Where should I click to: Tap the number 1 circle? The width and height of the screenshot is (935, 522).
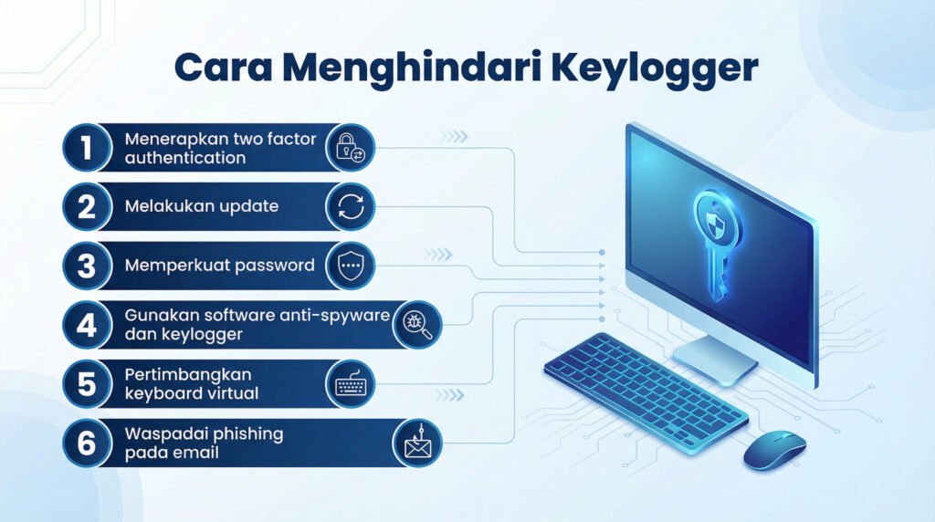[x=86, y=148]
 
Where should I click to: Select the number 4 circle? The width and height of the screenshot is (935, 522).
[x=86, y=325]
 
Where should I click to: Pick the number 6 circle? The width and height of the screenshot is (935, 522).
[x=86, y=444]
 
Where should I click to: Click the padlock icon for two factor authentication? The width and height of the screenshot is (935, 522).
[x=350, y=148]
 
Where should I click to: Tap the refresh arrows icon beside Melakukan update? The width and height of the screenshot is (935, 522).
[x=350, y=207]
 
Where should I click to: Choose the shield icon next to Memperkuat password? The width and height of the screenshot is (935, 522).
[x=350, y=266]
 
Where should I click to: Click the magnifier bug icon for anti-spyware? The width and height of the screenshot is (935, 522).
[x=417, y=326]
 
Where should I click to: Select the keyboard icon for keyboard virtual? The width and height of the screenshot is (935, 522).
[x=350, y=384]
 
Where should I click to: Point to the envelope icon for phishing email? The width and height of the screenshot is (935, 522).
[x=417, y=444]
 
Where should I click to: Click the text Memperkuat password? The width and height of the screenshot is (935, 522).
[x=219, y=266]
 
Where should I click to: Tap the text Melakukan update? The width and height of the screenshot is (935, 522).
[x=201, y=207]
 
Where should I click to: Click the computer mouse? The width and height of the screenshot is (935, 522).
[x=774, y=450]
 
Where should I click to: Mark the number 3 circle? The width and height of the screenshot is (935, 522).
[x=86, y=266]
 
